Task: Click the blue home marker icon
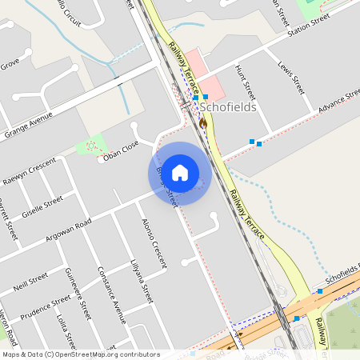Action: [180, 173]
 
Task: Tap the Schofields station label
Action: [230, 106]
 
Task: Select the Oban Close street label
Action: [118, 150]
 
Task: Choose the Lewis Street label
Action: [291, 74]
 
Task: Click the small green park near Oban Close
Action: [90, 146]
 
